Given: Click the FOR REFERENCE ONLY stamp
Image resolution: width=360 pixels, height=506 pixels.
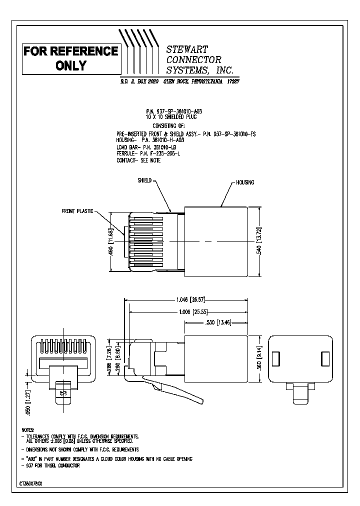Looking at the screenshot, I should [x=71, y=58].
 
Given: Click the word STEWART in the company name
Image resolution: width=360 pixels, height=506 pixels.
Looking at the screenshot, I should [x=187, y=48].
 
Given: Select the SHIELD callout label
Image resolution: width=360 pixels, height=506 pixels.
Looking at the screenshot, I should [x=144, y=180].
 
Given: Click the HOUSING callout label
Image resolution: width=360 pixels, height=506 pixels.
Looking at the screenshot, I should [x=245, y=182].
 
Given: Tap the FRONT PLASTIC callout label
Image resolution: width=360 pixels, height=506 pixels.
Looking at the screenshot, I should [x=77, y=211].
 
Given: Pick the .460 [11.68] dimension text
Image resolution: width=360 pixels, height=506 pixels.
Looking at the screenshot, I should [x=111, y=242].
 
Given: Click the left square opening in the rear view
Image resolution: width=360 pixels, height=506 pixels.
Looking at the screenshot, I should [x=275, y=358].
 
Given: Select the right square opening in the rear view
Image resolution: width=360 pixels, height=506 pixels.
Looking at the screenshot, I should [x=325, y=358].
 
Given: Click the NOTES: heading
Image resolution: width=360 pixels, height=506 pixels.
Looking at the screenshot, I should [x=27, y=430].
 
